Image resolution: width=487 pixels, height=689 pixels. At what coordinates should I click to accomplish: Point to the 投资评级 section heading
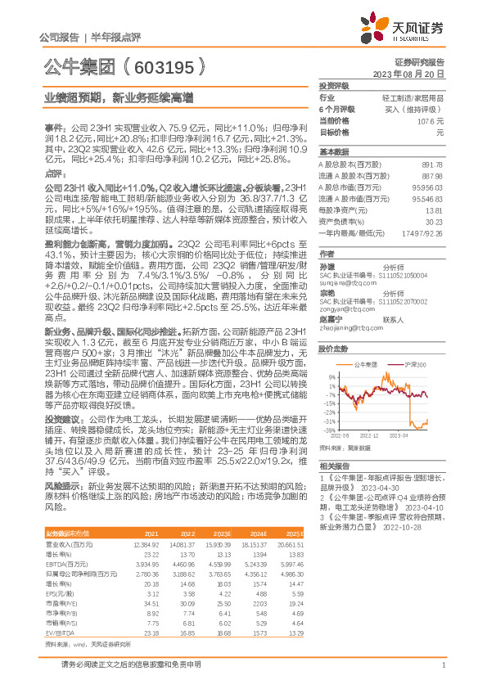[333, 85]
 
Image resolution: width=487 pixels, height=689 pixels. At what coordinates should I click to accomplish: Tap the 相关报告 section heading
[333, 464]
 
